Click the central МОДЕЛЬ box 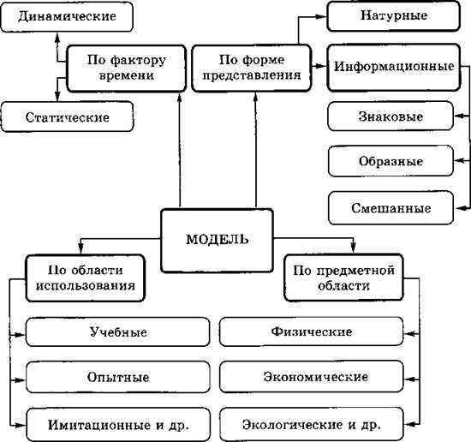(x=217, y=241)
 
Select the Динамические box (x=67, y=16)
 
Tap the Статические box (x=68, y=116)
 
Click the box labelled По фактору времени (x=126, y=69)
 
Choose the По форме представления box (x=252, y=69)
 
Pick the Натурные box (x=394, y=16)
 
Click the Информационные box (x=394, y=68)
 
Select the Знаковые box (x=391, y=116)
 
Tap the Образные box (x=391, y=161)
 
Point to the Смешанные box (x=391, y=208)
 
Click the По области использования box (x=86, y=278)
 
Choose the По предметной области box (x=343, y=278)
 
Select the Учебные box (x=118, y=332)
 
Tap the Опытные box (x=118, y=377)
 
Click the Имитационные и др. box (x=118, y=425)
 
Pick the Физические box (x=311, y=331)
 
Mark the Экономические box (x=311, y=377)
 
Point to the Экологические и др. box (x=311, y=424)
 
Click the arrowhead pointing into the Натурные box (x=322, y=16)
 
